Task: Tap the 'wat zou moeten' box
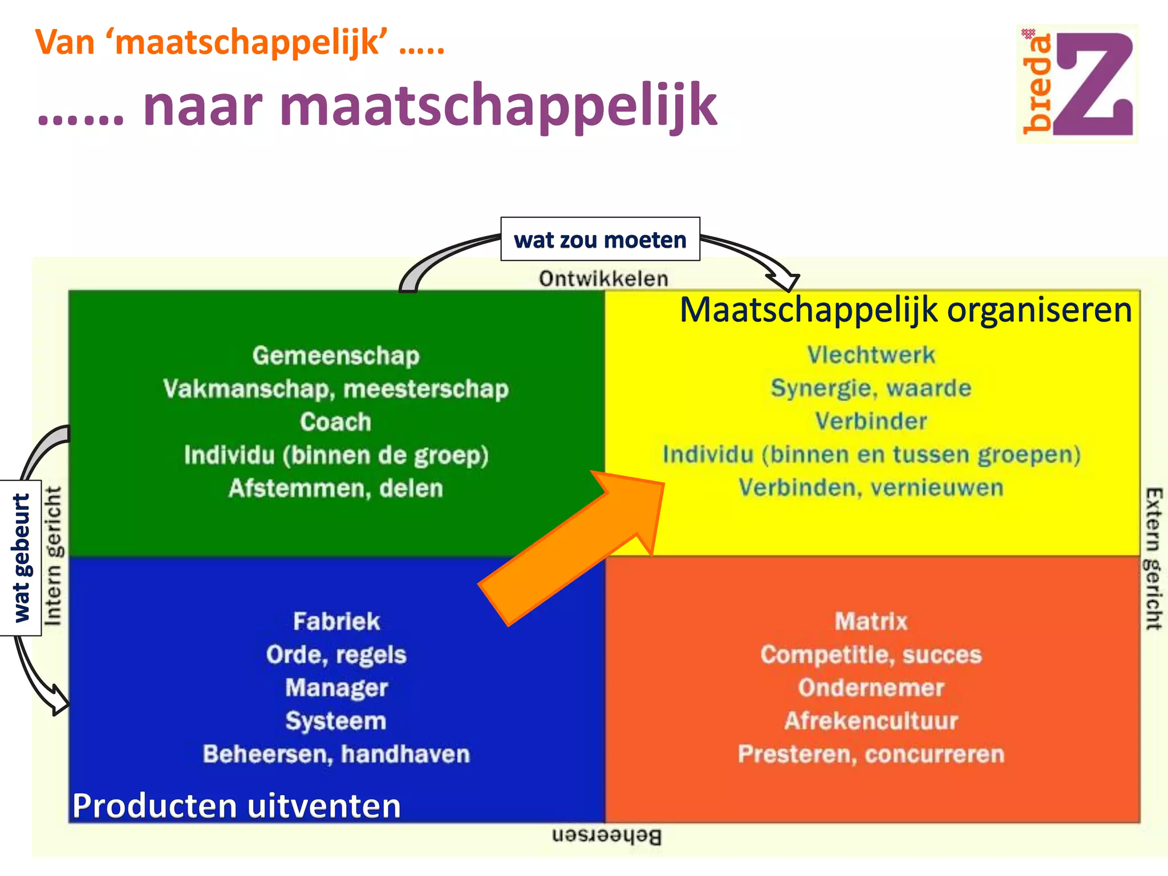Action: click(x=600, y=240)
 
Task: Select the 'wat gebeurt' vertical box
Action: click(x=21, y=558)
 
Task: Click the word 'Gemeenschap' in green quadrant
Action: click(x=336, y=356)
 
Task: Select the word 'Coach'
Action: click(x=336, y=422)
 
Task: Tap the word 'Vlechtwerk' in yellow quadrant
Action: click(x=871, y=355)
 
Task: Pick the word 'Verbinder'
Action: click(x=871, y=421)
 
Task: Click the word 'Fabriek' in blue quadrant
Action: click(x=336, y=621)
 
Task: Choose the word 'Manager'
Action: click(x=336, y=688)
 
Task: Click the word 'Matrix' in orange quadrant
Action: click(x=871, y=621)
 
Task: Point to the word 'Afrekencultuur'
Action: click(x=871, y=721)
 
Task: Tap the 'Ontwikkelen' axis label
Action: click(x=603, y=279)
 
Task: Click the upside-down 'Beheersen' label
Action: click(x=607, y=836)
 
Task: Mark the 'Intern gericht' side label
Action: click(x=53, y=556)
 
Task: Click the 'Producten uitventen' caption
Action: click(x=237, y=806)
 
